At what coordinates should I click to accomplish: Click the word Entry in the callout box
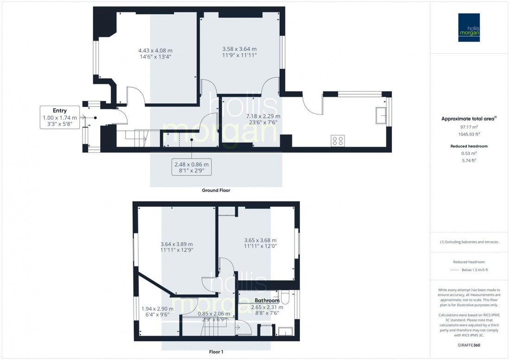60,111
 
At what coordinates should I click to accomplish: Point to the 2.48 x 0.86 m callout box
191,167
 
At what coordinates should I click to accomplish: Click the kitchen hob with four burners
337,140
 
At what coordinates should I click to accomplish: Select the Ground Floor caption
216,190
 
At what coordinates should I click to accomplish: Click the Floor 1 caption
216,352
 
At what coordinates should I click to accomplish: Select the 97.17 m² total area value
470,126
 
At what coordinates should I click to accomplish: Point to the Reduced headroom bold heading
470,146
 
